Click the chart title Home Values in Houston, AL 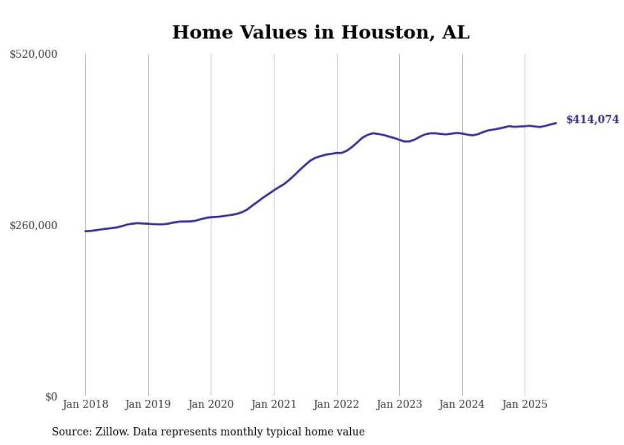click(x=320, y=32)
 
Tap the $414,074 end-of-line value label click(x=592, y=120)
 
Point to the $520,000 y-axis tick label click(x=34, y=55)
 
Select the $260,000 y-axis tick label click(x=34, y=225)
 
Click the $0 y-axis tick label click(x=51, y=397)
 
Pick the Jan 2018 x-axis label click(x=85, y=404)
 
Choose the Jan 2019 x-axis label click(x=148, y=404)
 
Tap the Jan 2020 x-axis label click(x=211, y=404)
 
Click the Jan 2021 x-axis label click(x=274, y=404)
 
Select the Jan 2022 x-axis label click(x=337, y=404)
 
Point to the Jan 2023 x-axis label click(x=399, y=404)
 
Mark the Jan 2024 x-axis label click(x=462, y=404)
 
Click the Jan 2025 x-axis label click(x=525, y=404)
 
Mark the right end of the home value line click(x=556, y=123)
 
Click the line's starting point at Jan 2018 click(x=86, y=231)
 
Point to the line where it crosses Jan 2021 click(x=274, y=190)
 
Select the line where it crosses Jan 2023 click(x=399, y=139)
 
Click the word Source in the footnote click(x=70, y=432)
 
